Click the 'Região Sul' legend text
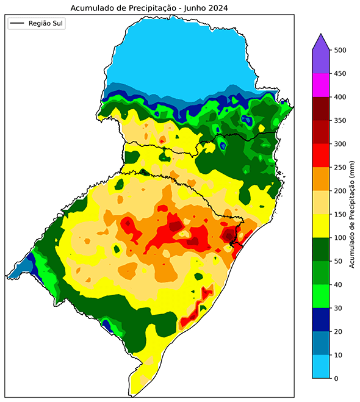(x=46, y=24)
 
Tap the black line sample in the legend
(x=18, y=24)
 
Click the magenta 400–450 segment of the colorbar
(x=321, y=85)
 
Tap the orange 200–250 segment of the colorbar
(x=321, y=179)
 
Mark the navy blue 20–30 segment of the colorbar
(x=321, y=320)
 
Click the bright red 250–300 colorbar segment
(x=321, y=156)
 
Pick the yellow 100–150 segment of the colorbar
(x=321, y=226)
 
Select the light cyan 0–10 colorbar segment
(x=321, y=367)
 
